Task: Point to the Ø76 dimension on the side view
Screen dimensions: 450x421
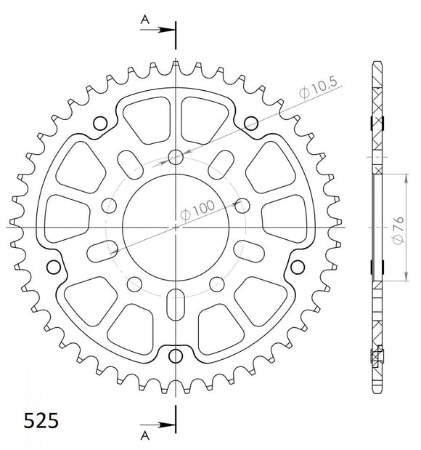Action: point(398,228)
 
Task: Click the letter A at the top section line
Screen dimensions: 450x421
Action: point(144,21)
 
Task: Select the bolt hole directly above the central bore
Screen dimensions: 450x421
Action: point(176,157)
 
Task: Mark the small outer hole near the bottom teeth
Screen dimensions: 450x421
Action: point(176,355)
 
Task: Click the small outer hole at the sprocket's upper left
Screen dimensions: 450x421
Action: point(101,121)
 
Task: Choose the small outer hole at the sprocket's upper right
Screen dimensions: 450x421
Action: point(251,121)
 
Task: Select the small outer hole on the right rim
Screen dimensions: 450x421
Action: point(297,266)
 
